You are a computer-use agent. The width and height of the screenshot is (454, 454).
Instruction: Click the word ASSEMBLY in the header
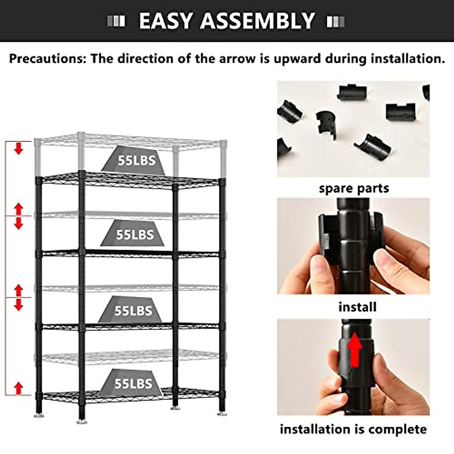coord(257,21)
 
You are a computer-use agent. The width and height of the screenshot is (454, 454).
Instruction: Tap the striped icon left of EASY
coord(116,22)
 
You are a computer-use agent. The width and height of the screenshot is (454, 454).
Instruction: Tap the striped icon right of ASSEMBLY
coord(336,22)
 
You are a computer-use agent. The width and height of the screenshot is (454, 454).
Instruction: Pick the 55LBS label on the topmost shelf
coord(136,160)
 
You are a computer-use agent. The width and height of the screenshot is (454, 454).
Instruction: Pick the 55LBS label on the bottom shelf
coord(133,383)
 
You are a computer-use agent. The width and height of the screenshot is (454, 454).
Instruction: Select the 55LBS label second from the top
coord(135,235)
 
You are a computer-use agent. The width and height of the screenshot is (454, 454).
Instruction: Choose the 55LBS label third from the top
coord(133,311)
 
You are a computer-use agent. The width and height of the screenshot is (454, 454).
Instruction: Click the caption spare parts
coord(354,188)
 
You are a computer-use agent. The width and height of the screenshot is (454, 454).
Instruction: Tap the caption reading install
coord(357,307)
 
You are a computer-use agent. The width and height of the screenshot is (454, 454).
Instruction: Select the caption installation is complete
coord(353,429)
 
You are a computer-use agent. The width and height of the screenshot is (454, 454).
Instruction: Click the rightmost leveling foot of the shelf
coord(222,414)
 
